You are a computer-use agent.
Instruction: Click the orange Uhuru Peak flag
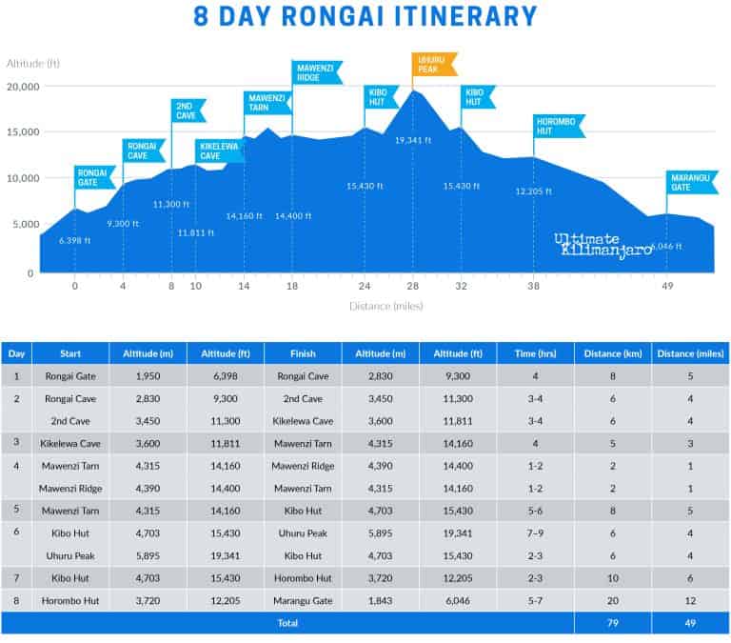click(435, 65)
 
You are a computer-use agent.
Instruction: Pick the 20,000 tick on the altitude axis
click(22, 87)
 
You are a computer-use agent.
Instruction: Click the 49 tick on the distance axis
click(669, 286)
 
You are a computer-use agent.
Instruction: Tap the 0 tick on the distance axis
click(75, 286)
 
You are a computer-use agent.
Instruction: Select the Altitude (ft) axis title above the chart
click(33, 63)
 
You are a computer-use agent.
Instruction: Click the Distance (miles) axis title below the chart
click(385, 306)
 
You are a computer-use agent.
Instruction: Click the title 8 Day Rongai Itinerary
click(365, 16)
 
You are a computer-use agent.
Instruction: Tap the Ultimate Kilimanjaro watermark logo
click(603, 244)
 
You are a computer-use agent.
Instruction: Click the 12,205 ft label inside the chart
click(535, 191)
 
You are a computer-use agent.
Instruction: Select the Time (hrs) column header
click(535, 352)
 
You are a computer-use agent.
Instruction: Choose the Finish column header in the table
click(302, 352)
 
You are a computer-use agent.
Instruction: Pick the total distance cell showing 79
click(612, 623)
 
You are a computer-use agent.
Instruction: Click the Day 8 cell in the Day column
click(16, 601)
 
